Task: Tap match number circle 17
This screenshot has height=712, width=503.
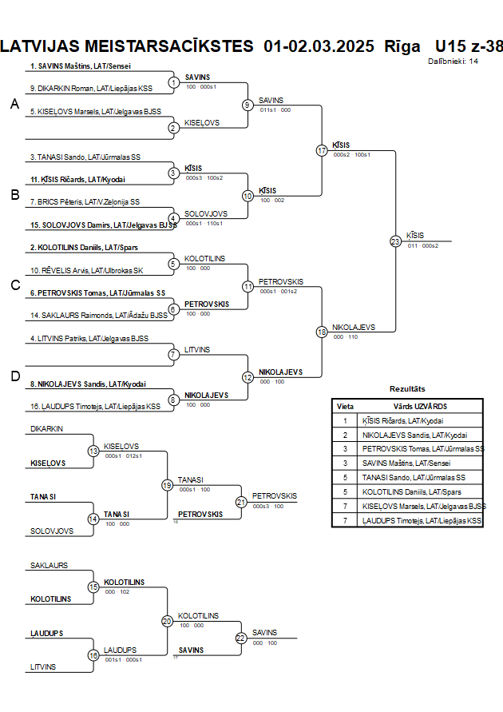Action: [322, 150]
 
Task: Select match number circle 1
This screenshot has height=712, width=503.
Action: [173, 82]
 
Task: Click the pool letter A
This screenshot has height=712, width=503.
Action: [14, 105]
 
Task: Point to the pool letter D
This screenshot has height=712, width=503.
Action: [14, 376]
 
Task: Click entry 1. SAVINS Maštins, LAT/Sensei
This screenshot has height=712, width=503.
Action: [81, 66]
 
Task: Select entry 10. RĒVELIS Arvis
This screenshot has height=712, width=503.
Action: [87, 270]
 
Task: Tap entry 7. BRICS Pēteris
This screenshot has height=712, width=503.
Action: [85, 202]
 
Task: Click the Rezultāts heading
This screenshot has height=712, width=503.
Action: [407, 388]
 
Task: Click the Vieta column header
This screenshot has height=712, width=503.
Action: [345, 406]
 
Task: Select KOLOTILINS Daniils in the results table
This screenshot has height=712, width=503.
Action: [405, 492]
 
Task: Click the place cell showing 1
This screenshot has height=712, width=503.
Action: [345, 420]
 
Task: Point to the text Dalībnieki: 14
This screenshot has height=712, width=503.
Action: [453, 61]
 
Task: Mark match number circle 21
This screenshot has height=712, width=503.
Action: [240, 502]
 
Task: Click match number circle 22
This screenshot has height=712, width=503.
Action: [240, 638]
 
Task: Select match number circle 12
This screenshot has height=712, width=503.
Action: [248, 377]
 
